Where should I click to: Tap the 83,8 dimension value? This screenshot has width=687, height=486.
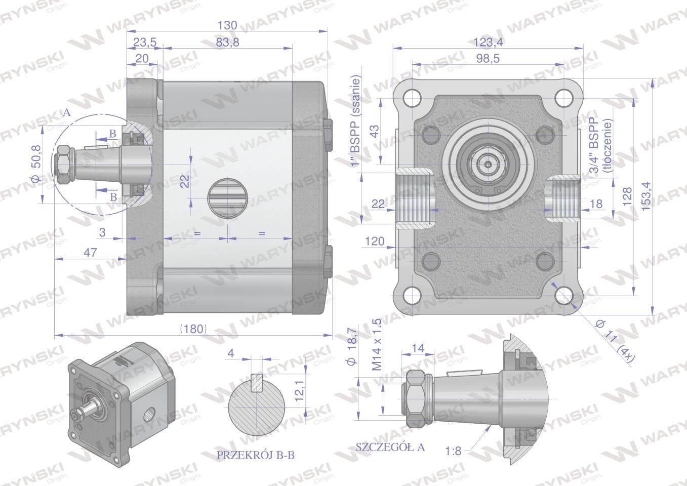click(227, 43)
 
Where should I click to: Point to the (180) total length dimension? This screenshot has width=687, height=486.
click(193, 329)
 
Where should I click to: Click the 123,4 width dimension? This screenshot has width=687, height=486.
click(488, 42)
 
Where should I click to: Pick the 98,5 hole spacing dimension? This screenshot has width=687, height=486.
click(488, 58)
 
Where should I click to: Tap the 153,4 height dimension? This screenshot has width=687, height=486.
click(645, 196)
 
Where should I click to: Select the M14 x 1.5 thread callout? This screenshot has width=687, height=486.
click(377, 344)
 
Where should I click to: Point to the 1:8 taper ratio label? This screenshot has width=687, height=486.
click(453, 451)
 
